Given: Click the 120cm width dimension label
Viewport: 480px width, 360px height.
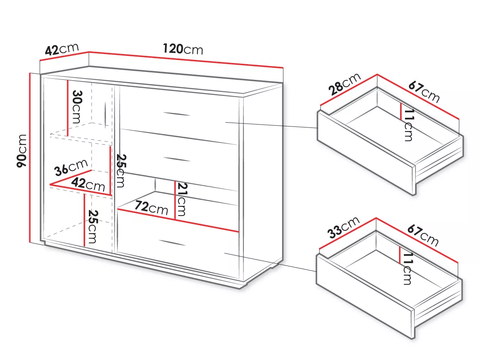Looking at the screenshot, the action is [x=183, y=49].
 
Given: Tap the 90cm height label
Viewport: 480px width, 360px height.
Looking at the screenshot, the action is [x=21, y=151].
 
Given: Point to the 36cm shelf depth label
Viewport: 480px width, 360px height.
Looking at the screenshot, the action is [x=71, y=168].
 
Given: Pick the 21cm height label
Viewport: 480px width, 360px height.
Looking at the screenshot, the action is [x=182, y=199].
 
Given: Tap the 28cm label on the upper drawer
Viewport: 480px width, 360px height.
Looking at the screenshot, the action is [x=344, y=84].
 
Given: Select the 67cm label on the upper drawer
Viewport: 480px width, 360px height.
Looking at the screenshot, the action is [x=424, y=92].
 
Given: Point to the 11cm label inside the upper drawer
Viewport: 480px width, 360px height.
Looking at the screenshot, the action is [x=408, y=125].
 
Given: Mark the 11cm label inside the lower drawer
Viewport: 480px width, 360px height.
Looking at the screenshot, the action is [x=407, y=268].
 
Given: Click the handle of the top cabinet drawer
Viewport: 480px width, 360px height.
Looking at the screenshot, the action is [x=177, y=114].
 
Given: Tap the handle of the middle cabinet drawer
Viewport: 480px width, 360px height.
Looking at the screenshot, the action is [x=177, y=159].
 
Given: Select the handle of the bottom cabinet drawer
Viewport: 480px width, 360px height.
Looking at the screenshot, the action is [x=172, y=243].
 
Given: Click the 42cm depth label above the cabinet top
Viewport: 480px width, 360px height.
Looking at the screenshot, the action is [x=61, y=49].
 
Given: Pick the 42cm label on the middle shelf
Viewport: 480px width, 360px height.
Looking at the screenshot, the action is [x=88, y=184].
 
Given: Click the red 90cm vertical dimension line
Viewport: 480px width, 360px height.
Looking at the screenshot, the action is [x=30, y=158].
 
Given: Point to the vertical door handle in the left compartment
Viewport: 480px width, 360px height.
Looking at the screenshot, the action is [x=105, y=115].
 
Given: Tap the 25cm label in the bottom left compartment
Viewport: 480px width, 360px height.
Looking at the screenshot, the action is [x=93, y=226].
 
